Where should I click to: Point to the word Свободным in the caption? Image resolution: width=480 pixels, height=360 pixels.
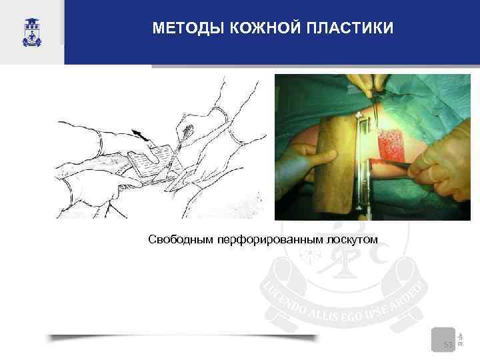[x=178, y=239]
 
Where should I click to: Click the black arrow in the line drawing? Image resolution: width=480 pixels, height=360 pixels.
[x=141, y=133]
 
